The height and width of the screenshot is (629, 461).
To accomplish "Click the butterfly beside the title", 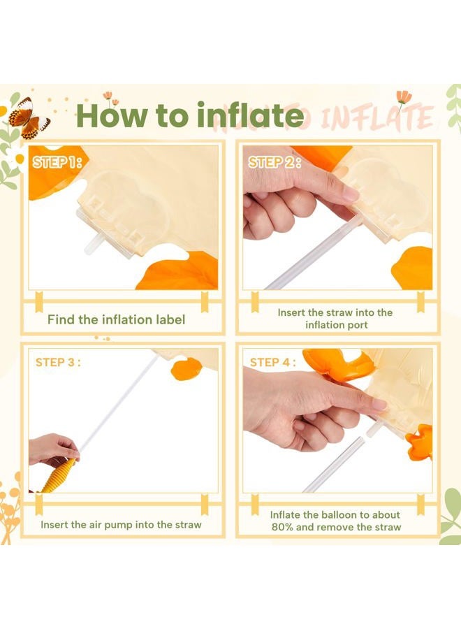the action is click(x=29, y=117).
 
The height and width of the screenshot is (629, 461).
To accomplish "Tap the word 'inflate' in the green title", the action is click(x=251, y=115).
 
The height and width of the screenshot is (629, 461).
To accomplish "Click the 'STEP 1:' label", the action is click(x=57, y=162).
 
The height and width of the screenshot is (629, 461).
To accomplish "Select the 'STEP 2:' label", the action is click(x=275, y=162).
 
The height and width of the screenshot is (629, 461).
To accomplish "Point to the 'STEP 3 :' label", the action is click(x=58, y=362).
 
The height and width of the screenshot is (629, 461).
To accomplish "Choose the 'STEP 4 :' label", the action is click(x=272, y=362).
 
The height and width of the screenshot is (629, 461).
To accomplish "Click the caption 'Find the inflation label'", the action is click(x=116, y=319).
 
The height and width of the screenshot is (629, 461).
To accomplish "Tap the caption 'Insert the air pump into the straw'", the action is click(x=121, y=525).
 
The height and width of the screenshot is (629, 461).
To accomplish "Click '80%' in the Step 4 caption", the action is click(x=283, y=527).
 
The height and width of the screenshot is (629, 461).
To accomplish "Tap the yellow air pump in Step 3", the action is click(x=58, y=477).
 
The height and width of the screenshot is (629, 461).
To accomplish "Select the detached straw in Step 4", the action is click(x=333, y=465).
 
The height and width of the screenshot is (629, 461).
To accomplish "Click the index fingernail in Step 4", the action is click(x=379, y=404).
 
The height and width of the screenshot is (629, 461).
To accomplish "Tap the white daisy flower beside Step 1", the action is click(x=18, y=159).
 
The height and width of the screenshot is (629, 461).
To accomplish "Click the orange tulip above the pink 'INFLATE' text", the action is click(x=404, y=96).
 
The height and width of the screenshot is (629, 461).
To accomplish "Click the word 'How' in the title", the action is click(x=112, y=115).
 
